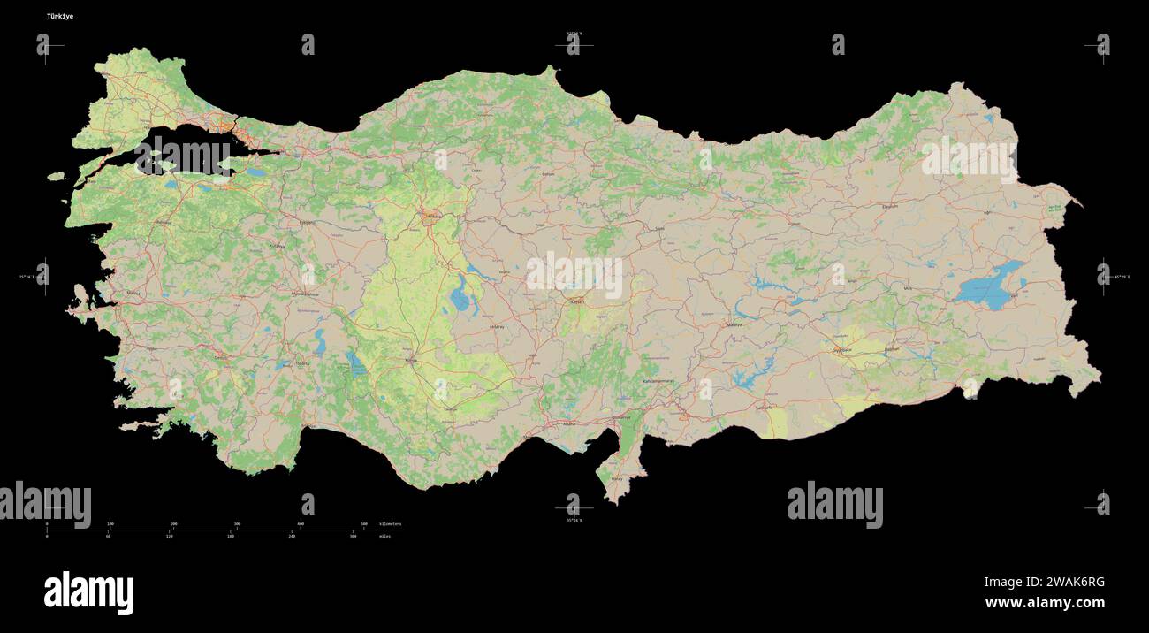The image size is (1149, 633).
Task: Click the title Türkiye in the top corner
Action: click(x=60, y=16)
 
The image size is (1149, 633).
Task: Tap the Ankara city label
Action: click(x=434, y=216)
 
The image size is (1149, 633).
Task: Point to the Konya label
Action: click(x=410, y=361)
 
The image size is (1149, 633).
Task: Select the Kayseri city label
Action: click(x=577, y=302)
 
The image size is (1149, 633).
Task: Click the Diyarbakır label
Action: click(x=841, y=349)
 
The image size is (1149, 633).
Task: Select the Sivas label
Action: click(x=658, y=229)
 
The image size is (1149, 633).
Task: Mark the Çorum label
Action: click(x=548, y=174)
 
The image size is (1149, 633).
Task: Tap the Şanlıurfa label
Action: click(x=764, y=408)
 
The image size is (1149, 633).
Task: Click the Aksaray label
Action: click(x=497, y=326)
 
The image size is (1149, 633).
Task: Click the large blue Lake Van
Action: click(x=988, y=287)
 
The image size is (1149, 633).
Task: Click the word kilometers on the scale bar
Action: click(x=390, y=524)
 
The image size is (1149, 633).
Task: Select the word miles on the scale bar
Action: click(x=385, y=537)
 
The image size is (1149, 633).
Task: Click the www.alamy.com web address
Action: click(x=1045, y=604)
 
